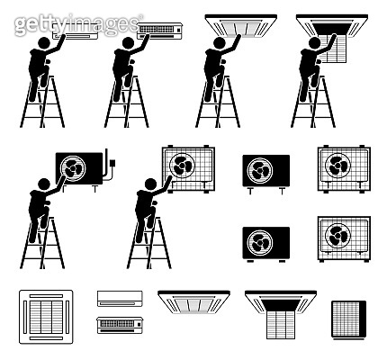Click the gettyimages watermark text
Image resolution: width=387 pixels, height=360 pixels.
[78, 24]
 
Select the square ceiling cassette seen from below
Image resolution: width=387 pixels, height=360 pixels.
[46, 317]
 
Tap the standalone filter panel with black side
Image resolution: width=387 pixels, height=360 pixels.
[349, 319]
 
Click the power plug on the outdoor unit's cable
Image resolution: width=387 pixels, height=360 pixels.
[112, 164]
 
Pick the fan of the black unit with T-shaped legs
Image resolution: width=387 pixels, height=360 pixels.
[260, 170]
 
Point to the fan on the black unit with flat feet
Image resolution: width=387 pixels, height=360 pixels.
[260, 242]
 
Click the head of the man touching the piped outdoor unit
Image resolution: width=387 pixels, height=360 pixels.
[44, 184]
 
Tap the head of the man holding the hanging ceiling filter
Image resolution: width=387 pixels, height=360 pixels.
[315, 43]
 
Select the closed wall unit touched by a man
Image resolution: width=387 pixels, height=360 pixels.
[75, 31]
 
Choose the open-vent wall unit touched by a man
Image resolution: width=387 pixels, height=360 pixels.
[160, 31]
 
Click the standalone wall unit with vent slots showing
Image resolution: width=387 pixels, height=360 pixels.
[120, 325]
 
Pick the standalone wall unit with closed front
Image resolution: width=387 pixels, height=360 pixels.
[120, 299]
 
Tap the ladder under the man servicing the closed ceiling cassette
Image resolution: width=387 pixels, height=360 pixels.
[218, 102]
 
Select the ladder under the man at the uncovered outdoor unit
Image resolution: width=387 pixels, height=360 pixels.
[149, 243]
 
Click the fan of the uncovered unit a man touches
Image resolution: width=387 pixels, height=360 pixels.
[182, 166]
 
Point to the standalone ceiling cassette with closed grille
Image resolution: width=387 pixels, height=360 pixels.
[193, 302]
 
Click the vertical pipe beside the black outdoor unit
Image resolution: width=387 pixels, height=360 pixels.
[106, 165]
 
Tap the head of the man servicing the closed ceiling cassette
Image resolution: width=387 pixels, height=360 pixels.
[220, 43]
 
